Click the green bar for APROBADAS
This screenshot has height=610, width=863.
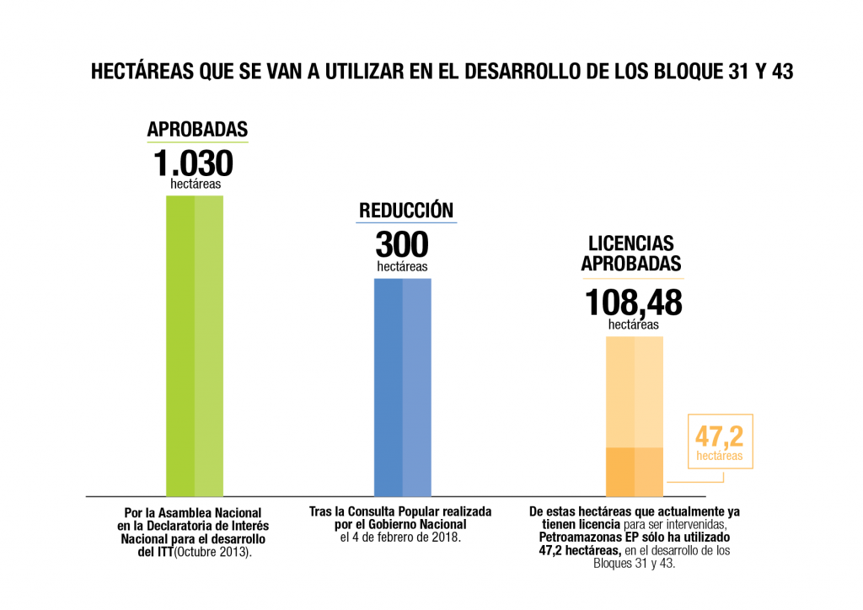point(195,345)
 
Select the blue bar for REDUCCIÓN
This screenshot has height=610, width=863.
point(402,387)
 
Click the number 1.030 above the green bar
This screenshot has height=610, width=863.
point(193,163)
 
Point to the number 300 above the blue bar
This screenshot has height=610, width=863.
point(402,245)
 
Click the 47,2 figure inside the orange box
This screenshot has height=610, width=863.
point(720,436)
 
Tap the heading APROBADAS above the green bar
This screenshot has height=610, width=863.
point(197,129)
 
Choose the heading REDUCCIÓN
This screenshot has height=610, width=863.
point(406,210)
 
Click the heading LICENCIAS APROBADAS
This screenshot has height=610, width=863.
point(631,254)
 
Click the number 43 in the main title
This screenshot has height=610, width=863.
point(782,72)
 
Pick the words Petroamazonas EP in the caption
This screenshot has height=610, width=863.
point(590,537)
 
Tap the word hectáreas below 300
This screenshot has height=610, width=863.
point(402,266)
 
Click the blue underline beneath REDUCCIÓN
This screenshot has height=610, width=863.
point(406,222)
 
